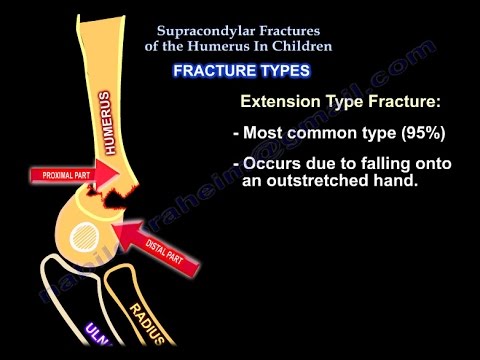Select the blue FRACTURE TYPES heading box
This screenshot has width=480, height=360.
pos(241,71)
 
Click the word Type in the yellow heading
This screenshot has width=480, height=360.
pos(351,101)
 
